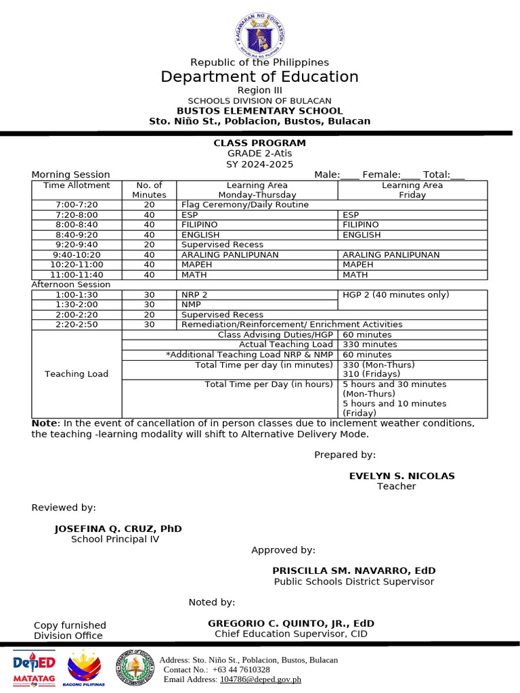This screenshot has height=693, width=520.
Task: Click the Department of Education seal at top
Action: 260,35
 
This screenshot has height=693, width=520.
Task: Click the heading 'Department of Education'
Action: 260,76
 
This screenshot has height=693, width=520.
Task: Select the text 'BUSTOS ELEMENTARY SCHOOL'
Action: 260,111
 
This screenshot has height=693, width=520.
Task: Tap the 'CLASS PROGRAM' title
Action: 260,143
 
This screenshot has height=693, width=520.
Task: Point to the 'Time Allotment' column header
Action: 77,185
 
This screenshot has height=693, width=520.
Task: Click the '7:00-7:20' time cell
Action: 77,204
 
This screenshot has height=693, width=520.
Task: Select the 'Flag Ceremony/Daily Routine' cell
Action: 245,204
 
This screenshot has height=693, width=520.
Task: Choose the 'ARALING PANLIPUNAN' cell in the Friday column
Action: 391,254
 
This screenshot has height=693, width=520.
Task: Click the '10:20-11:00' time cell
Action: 77,265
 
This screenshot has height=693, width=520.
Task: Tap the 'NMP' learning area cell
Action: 190,305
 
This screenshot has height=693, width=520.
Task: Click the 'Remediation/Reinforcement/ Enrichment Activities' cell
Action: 292,324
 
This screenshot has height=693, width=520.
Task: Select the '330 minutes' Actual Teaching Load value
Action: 367,344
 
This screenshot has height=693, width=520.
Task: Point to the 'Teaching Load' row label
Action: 77,374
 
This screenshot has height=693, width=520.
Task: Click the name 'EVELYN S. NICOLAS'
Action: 402,476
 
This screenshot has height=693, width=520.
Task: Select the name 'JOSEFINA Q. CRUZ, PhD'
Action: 118,529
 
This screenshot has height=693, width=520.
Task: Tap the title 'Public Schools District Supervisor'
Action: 354,581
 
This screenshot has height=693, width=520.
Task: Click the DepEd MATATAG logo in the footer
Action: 34,668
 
